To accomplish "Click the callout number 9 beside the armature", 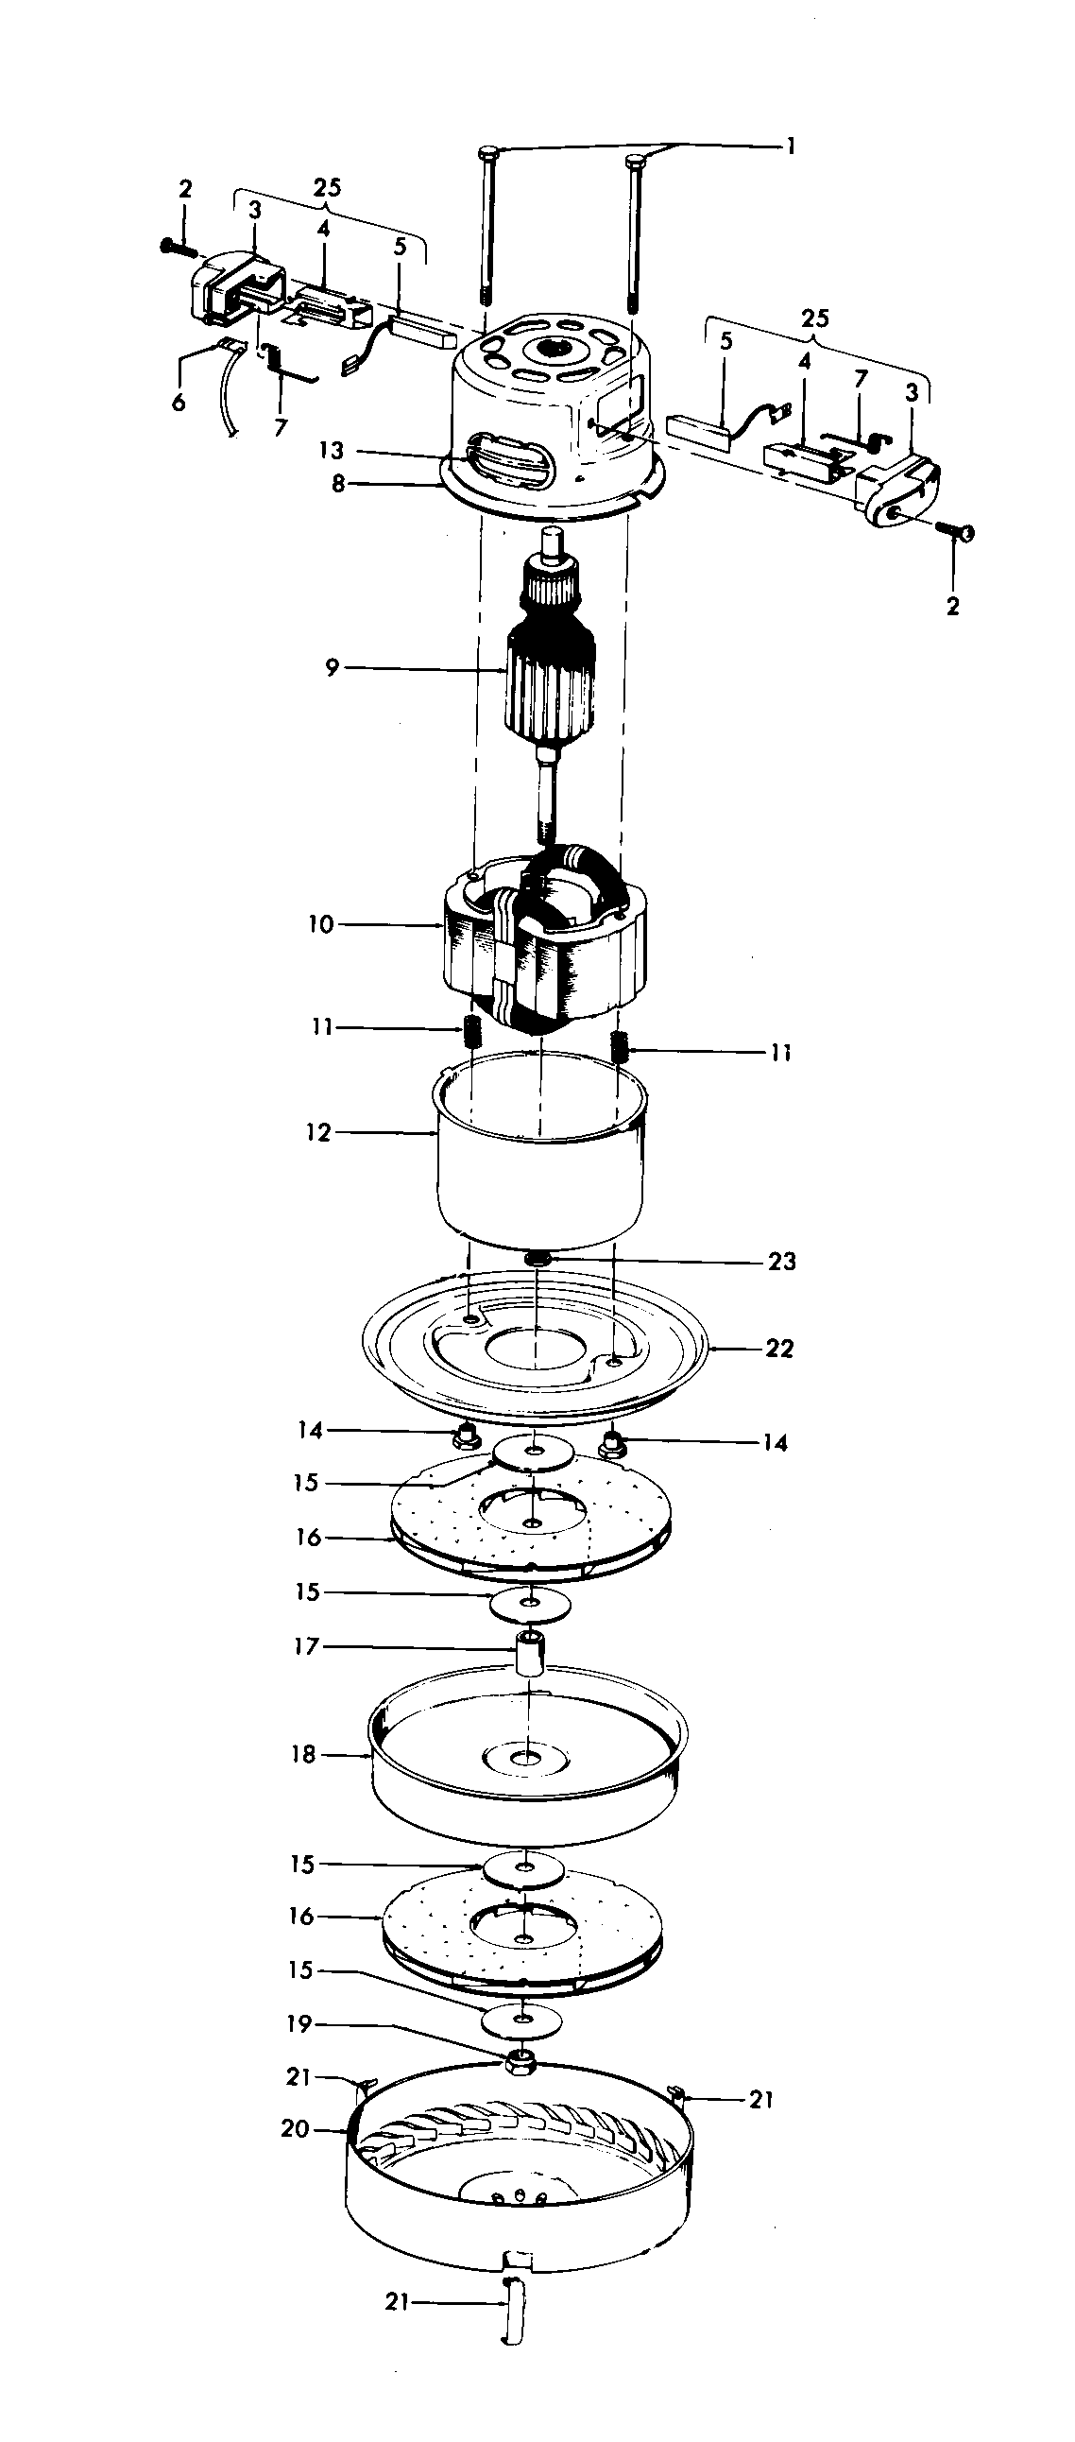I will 331,668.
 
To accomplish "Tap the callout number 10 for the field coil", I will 321,924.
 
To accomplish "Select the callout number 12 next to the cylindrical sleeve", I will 318,1133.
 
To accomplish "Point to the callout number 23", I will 781,1262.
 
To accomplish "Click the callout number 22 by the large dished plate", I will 779,1348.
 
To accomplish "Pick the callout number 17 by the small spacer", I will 308,1646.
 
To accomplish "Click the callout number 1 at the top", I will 790,146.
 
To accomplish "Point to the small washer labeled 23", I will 538,1259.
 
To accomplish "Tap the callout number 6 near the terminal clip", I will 179,403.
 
